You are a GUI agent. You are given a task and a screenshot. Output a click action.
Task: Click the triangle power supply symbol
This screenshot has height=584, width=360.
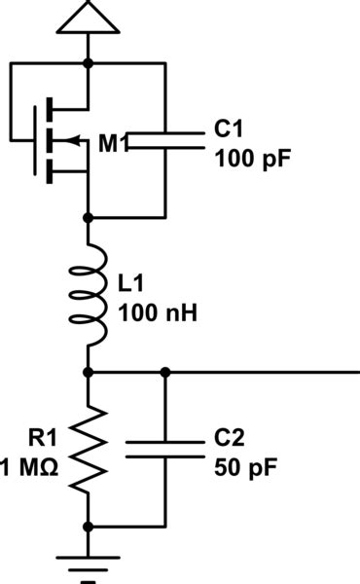(x=89, y=17)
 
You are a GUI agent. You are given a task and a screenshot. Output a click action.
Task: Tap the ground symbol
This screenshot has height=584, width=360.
(x=89, y=565)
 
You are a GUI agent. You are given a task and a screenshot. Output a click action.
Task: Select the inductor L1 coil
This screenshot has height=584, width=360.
(x=93, y=295)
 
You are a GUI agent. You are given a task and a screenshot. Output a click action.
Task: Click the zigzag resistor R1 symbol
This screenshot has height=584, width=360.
(x=89, y=449)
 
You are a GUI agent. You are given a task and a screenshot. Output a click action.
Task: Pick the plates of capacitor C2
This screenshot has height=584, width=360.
(x=166, y=450)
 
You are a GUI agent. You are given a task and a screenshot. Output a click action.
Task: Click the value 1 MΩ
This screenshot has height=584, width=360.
(x=31, y=465)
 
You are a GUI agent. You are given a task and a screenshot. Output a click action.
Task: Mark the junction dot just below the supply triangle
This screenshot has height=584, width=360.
(x=89, y=63)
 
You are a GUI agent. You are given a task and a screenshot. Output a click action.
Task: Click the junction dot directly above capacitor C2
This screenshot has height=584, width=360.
(x=166, y=372)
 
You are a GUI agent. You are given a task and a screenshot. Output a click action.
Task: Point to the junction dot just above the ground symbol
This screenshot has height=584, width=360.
(x=89, y=527)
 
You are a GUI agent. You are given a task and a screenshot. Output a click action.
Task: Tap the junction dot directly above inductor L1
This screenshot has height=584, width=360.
(x=89, y=218)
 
